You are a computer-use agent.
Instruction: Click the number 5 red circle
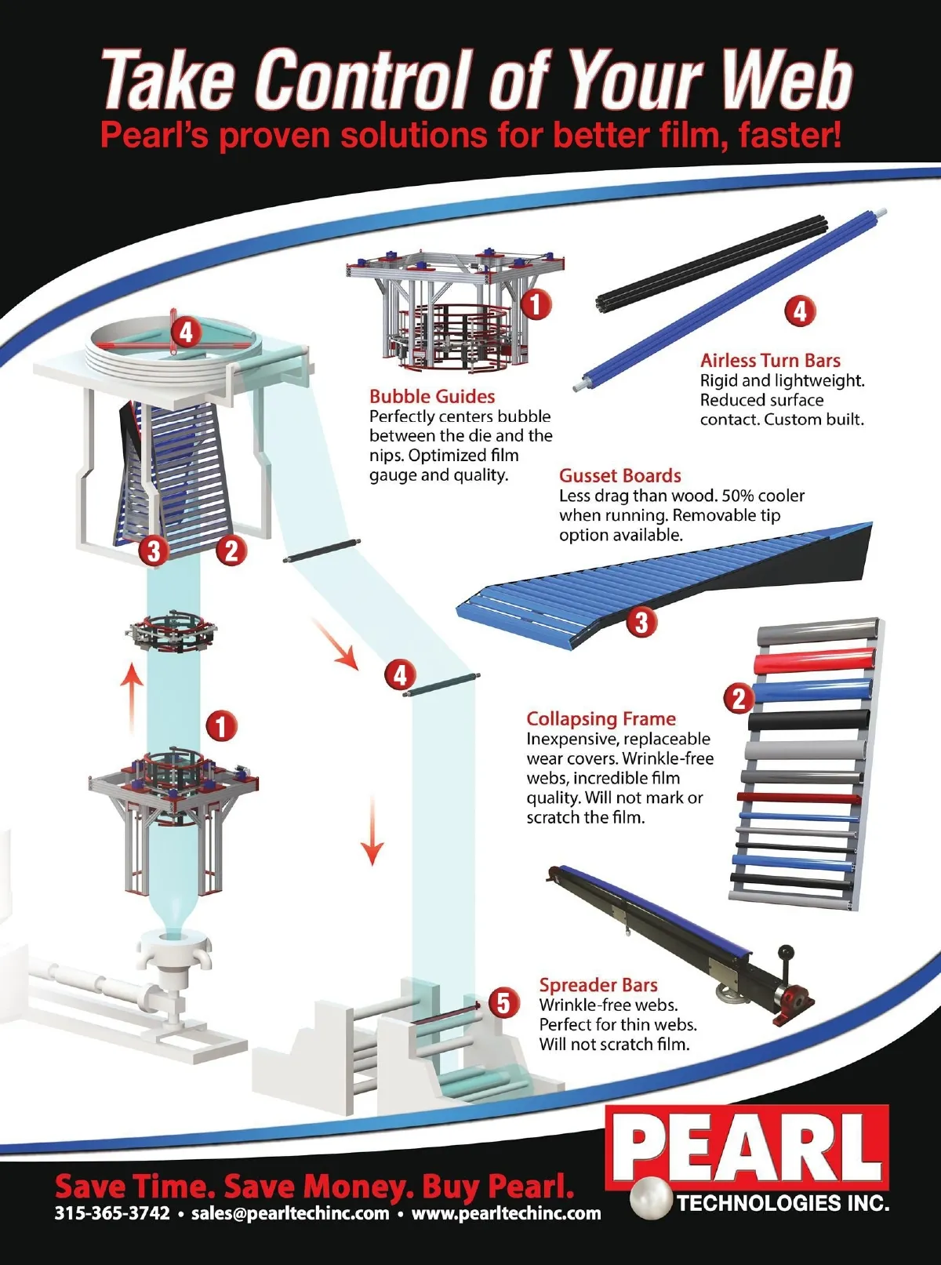pos(503,1002)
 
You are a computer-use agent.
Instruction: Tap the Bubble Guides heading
pos(432,396)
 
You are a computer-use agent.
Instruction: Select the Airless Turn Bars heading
pos(770,361)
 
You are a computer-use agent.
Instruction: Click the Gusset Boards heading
pos(620,476)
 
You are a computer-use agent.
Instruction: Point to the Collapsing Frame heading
pos(601,719)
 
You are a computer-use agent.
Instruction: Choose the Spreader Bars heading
pos(598,985)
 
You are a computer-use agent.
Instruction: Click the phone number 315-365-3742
pos(112,1212)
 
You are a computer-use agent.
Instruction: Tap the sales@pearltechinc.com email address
pos(290,1212)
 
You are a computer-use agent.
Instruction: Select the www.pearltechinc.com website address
pos(507,1212)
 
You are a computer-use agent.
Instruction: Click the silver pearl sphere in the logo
pos(652,1198)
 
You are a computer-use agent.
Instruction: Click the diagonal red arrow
pos(335,644)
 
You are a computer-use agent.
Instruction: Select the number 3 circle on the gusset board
pos(641,622)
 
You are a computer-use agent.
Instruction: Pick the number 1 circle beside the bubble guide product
pos(536,304)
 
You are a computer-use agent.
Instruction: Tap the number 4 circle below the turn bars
pos(800,311)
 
